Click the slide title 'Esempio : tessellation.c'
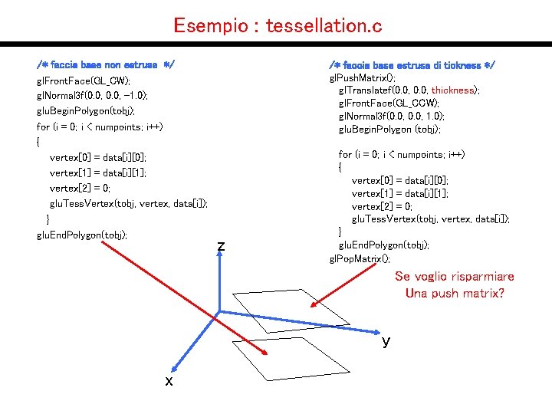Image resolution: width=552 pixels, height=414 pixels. click(x=278, y=26)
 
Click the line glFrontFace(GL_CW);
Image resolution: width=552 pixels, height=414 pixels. click(x=84, y=80)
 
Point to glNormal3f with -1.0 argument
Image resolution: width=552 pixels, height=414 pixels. click(x=93, y=96)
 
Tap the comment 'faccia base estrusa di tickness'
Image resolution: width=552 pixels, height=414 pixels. click(x=412, y=64)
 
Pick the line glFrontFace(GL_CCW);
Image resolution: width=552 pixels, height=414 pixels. click(x=389, y=103)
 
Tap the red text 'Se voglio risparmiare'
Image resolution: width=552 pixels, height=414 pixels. click(x=455, y=276)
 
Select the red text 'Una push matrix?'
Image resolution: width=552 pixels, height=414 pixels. click(x=455, y=293)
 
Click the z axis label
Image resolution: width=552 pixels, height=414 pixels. click(x=221, y=246)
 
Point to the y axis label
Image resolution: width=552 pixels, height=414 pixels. click(x=386, y=341)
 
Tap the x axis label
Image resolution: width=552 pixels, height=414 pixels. click(x=169, y=381)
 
